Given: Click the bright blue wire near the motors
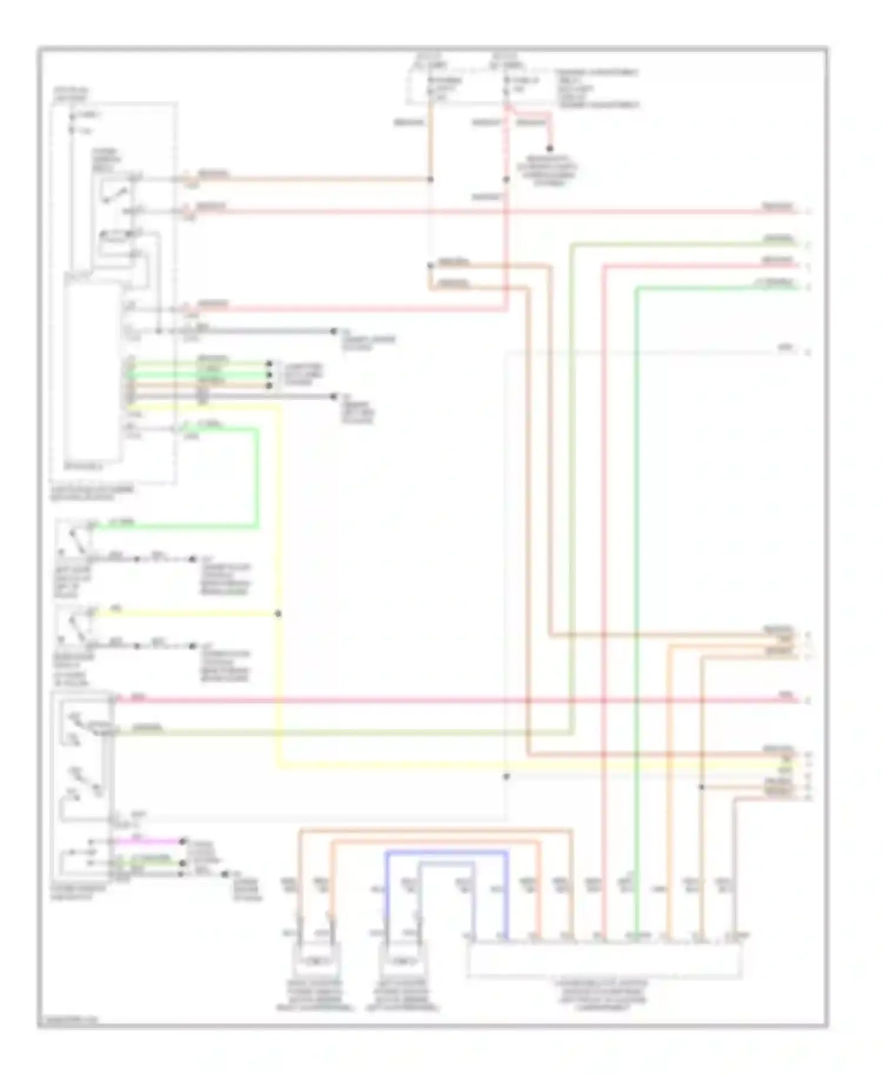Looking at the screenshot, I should coord(447,852).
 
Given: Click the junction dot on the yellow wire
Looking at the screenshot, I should coord(278,614).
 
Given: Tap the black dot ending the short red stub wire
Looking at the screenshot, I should coord(550,149).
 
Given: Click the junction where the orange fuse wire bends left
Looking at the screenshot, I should coord(430,179).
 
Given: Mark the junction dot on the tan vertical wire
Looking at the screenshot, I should coord(701,787).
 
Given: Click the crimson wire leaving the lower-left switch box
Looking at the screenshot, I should coord(412,700).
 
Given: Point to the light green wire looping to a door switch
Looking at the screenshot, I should coord(257,476).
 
